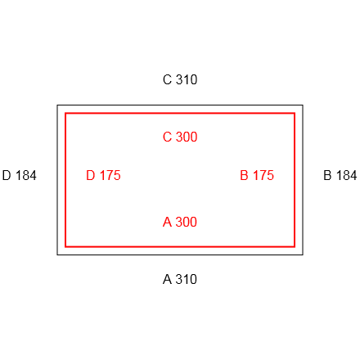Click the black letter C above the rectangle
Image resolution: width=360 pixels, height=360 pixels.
(167, 79)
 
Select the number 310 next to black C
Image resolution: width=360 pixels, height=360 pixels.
(187, 79)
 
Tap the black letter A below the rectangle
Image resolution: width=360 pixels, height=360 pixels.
(167, 279)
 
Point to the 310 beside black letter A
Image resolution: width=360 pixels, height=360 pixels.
(187, 279)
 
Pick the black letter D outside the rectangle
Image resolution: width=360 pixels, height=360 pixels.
(7, 175)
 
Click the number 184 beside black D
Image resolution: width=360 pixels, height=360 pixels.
(26, 175)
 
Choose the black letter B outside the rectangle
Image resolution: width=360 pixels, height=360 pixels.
(327, 175)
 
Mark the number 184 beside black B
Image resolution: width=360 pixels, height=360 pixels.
(347, 175)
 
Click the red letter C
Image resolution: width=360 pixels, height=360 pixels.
(167, 137)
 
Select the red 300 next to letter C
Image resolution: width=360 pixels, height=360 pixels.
(187, 137)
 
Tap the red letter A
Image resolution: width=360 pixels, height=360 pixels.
(167, 222)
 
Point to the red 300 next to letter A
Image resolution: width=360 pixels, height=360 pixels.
(187, 222)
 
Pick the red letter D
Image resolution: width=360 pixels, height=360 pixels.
(91, 175)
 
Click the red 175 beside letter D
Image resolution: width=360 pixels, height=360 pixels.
(110, 175)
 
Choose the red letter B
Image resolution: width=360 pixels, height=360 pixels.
(244, 175)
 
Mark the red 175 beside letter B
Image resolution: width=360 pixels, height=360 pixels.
(263, 175)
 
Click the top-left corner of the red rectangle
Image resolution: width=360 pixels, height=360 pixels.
(65, 113)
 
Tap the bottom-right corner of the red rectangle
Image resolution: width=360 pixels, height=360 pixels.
(295, 247)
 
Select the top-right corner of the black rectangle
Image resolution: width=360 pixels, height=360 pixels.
(303, 105)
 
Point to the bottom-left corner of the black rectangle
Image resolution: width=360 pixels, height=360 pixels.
(57, 255)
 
